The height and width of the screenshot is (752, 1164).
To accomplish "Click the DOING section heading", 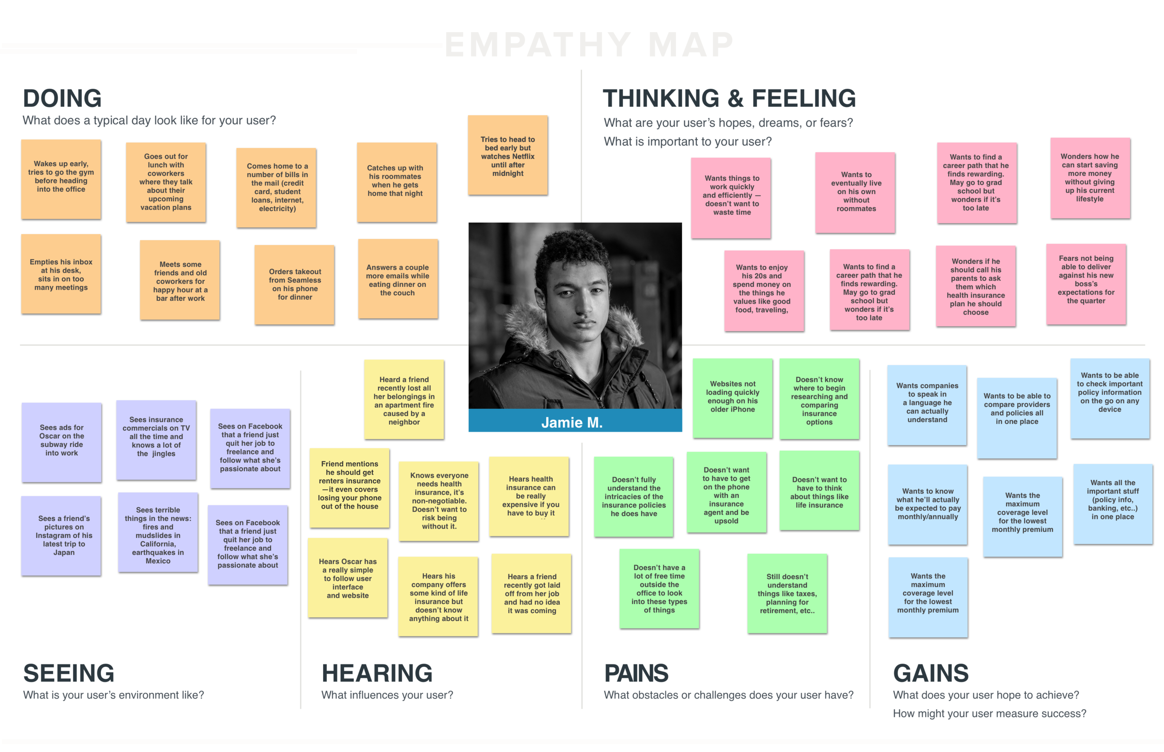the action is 62,98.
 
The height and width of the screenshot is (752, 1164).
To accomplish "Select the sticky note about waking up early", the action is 61,179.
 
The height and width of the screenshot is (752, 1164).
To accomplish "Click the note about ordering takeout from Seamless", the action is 294,284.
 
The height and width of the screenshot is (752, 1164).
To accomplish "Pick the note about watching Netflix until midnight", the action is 508,155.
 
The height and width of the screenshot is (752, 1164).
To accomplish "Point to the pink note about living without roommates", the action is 855,192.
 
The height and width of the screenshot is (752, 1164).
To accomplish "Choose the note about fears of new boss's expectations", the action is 1086,284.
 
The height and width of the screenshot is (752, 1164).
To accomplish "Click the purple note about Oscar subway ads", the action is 61,441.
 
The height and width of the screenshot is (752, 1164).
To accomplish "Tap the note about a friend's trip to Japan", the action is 61,535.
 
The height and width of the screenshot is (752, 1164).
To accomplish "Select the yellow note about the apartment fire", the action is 404,400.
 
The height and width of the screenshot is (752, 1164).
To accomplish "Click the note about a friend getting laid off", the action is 531,593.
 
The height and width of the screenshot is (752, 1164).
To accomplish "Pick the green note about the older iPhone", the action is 732,398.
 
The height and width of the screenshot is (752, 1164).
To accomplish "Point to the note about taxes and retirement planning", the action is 787,593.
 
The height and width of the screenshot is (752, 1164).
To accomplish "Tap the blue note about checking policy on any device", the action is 1110,398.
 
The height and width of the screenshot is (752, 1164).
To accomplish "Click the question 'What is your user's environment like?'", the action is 113,695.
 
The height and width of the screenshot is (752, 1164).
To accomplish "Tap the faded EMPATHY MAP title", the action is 589,44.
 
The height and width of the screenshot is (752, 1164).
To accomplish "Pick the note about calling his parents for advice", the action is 975,286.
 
